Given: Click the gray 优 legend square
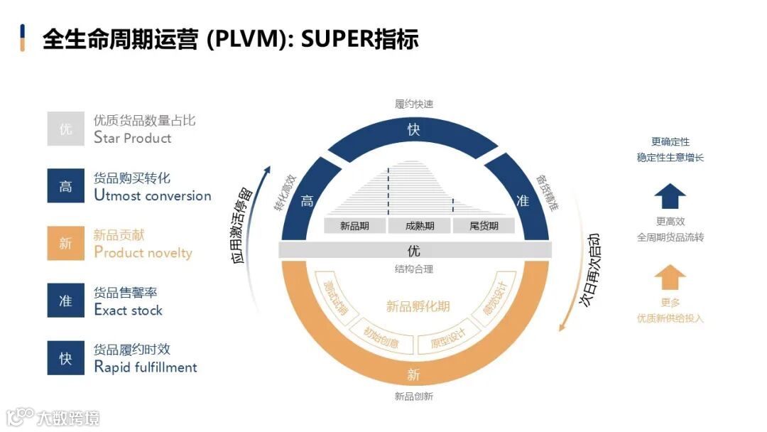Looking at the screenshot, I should tap(65, 129).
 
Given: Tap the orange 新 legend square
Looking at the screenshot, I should tap(65, 244).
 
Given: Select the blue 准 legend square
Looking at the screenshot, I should tap(65, 301).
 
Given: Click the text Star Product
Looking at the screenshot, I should tap(133, 138).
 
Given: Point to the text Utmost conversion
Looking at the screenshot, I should tap(153, 195).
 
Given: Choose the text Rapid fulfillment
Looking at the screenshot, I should tap(146, 367).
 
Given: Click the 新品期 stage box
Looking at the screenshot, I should tap(354, 226).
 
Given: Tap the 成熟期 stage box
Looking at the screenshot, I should tap(419, 226).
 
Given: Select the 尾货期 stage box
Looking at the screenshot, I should tap(484, 226).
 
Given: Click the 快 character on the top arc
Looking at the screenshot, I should tap(414, 130).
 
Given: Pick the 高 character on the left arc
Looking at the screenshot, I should tap(307, 201).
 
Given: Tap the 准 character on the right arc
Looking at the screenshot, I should tap(523, 201).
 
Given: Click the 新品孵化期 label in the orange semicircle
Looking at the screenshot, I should tap(418, 307).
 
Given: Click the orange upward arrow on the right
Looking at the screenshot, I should tap(670, 277).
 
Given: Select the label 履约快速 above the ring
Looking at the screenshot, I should tap(414, 104).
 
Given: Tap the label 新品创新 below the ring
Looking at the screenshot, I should tap(414, 396).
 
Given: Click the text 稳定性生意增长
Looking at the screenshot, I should tap(670, 157).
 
